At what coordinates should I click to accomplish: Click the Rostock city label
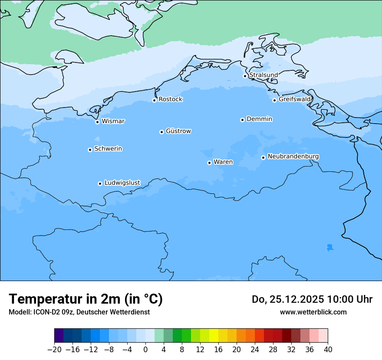click(x=170, y=99)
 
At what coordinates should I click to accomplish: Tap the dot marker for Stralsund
click(x=245, y=76)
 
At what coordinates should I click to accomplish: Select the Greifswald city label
click(x=294, y=99)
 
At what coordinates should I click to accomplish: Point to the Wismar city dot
click(x=98, y=122)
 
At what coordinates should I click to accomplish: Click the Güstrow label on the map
click(x=178, y=131)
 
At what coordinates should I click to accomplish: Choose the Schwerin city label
click(x=108, y=149)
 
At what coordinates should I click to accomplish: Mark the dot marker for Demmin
click(x=243, y=120)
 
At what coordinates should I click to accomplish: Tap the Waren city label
click(x=223, y=162)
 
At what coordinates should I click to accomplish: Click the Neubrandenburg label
click(x=293, y=157)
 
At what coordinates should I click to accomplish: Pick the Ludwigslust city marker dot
click(x=100, y=183)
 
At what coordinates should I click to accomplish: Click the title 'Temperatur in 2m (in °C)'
click(x=86, y=299)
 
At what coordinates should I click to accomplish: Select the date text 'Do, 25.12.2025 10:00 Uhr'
click(x=312, y=299)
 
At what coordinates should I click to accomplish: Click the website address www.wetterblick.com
click(x=313, y=312)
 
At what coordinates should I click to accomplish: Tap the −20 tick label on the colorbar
click(x=54, y=350)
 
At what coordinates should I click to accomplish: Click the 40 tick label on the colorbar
click(x=328, y=350)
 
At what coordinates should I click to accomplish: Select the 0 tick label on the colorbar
click(x=145, y=350)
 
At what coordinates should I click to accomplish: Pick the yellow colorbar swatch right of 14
click(x=214, y=336)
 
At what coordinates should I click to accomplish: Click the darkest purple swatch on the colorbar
click(x=59, y=336)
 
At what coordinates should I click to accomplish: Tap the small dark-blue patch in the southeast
click(x=330, y=247)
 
